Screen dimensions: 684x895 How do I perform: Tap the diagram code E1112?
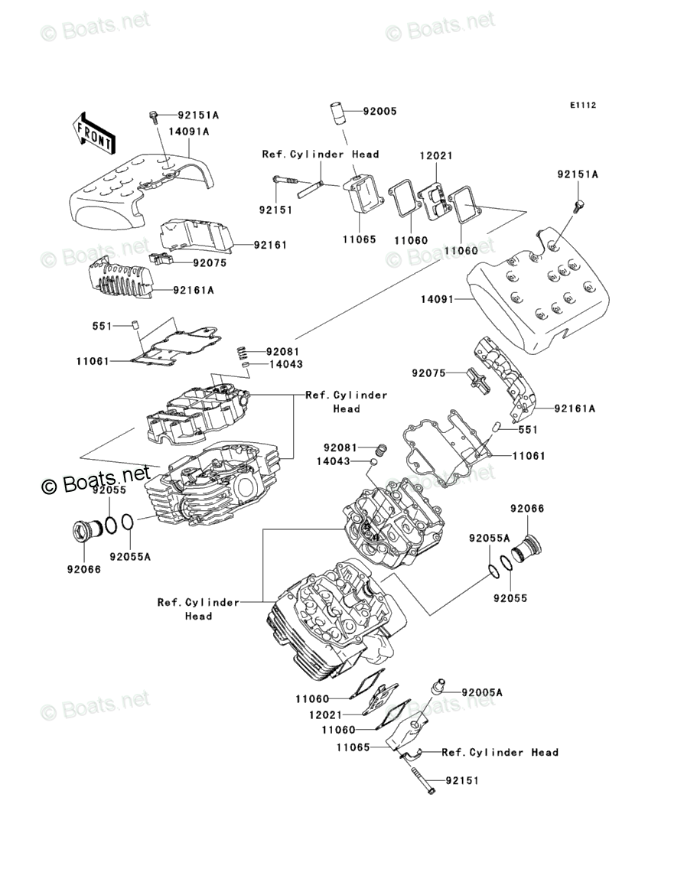pos(582,105)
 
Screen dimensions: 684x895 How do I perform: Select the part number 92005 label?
pos(379,112)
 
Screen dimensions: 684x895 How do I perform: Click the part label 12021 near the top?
pos(435,156)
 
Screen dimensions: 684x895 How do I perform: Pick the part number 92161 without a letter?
pos(270,245)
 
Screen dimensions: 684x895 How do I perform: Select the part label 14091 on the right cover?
pos(438,298)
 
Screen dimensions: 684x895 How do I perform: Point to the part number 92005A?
pos(482,692)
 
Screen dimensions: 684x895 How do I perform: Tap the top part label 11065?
pos(359,239)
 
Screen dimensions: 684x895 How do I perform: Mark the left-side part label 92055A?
pos(130,557)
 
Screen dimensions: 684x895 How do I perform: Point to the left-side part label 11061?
pos(93,361)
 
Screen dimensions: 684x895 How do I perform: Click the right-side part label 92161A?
pos(575,408)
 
